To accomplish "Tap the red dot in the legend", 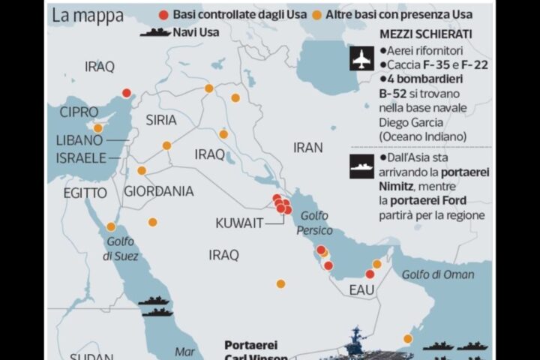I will tap(164, 15).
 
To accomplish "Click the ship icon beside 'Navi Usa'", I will tap(155, 32).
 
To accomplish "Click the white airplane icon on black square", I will tap(362, 58).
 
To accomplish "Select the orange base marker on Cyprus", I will tap(97, 128).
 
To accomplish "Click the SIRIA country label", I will tap(161, 120).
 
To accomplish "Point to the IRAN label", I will tap(307, 148).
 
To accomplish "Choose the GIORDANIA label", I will tap(158, 191).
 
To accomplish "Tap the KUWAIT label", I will tap(239, 223).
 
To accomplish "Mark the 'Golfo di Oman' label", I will tap(438, 274).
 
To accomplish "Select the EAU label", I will tap(361, 289).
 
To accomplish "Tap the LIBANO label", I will tap(79, 140).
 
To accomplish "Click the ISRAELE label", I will tap(81, 158).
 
